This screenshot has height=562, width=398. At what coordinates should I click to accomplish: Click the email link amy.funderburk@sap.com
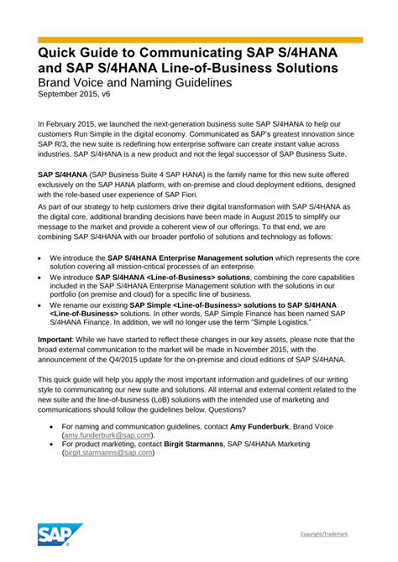pos(107,436)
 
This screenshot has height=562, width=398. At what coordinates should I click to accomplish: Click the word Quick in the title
pos(59,55)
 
